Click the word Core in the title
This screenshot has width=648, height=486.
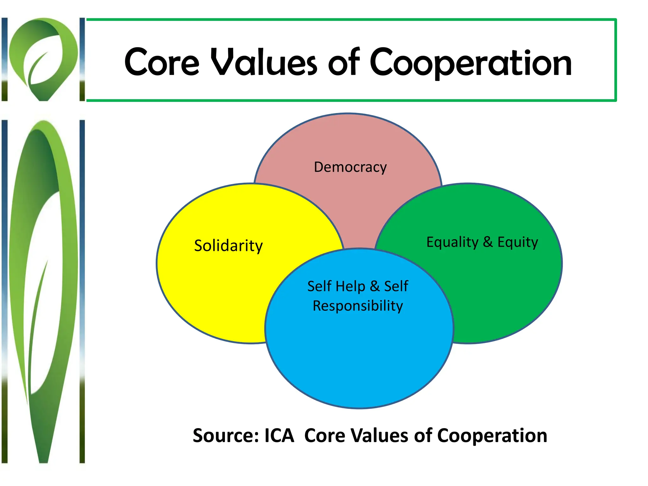pyautogui.click(x=162, y=62)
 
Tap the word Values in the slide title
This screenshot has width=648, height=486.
pyautogui.click(x=264, y=62)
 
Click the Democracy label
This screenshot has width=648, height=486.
pyautogui.click(x=350, y=167)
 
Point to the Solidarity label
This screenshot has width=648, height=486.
pyautogui.click(x=228, y=246)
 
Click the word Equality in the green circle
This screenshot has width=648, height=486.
pyautogui.click(x=452, y=242)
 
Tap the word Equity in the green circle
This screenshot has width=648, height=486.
pyautogui.click(x=518, y=242)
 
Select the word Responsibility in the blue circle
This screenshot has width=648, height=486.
pyautogui.click(x=358, y=306)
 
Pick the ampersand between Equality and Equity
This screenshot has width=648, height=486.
pyautogui.click(x=488, y=242)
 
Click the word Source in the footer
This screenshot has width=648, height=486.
pyautogui.click(x=226, y=436)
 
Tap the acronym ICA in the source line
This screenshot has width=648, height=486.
pyautogui.click(x=279, y=436)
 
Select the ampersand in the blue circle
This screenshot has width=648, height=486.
pyautogui.click(x=375, y=286)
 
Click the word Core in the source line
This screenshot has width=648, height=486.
pyautogui.click(x=325, y=436)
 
